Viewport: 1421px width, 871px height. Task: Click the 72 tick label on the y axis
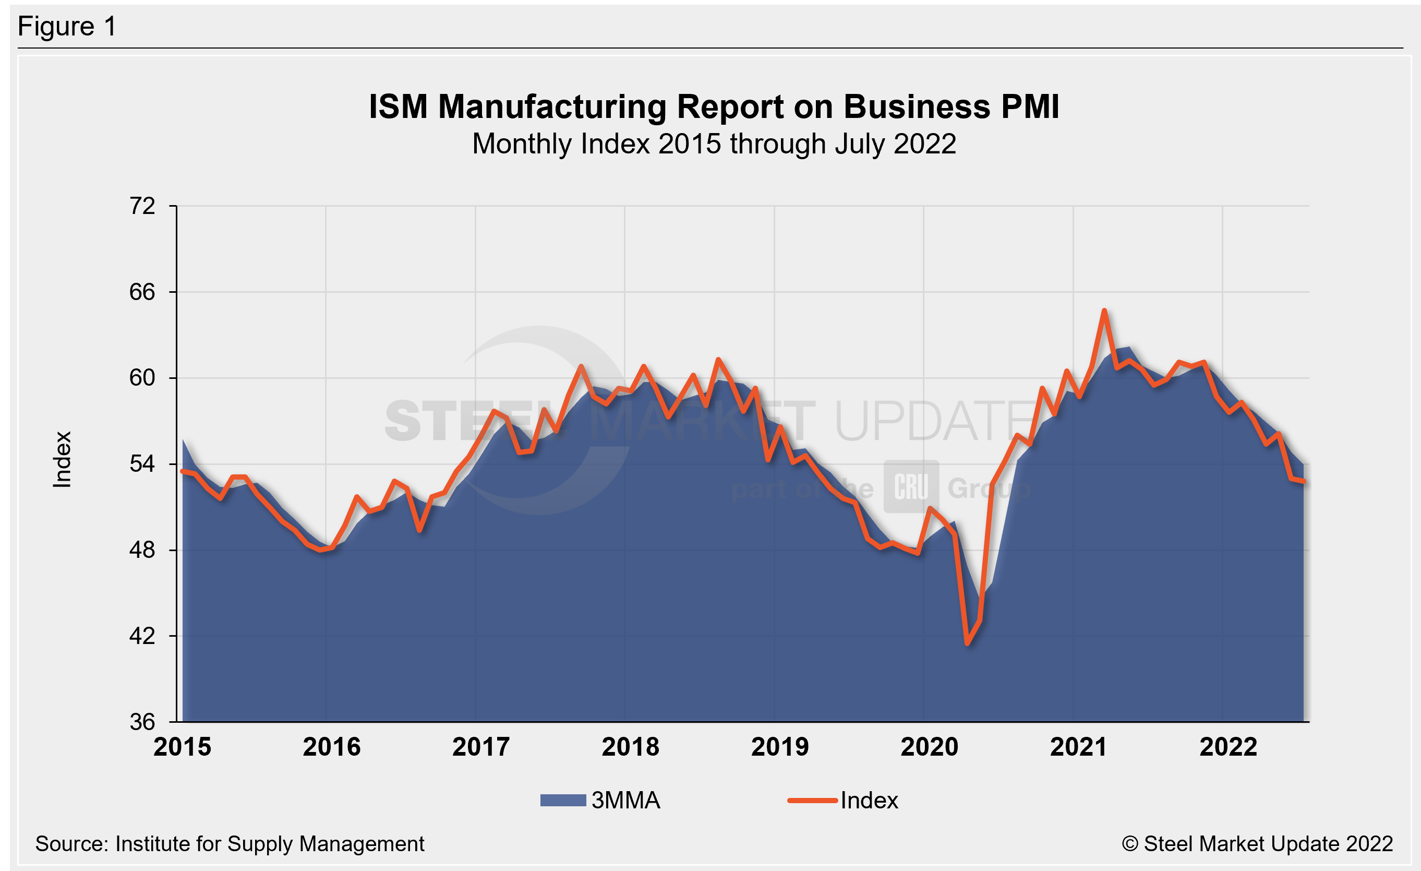tap(142, 206)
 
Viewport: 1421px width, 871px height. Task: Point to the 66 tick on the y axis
tap(142, 292)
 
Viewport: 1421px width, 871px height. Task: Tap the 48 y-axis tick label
tap(142, 550)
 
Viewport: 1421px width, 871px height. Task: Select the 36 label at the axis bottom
tap(142, 722)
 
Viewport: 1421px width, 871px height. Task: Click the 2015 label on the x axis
tap(182, 747)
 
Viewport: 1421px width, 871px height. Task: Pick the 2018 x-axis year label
tap(630, 747)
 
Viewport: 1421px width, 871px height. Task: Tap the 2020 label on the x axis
tap(929, 747)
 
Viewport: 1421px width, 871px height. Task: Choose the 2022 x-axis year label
tap(1228, 747)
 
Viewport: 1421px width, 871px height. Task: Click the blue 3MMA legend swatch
tap(563, 800)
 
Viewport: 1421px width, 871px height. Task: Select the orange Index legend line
tap(812, 800)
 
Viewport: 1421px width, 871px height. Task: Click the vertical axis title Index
tap(62, 459)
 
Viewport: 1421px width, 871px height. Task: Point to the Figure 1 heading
tap(67, 27)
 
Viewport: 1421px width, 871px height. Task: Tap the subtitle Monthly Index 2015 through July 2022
tap(714, 144)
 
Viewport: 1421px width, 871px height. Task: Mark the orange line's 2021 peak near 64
tap(1104, 311)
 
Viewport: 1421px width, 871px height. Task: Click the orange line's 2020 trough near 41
tap(968, 643)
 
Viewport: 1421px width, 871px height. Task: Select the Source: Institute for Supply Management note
tap(230, 844)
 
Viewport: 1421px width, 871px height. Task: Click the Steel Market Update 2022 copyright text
tap(1257, 844)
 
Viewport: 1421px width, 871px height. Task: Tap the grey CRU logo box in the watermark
tap(911, 486)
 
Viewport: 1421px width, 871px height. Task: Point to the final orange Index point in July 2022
tap(1303, 482)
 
